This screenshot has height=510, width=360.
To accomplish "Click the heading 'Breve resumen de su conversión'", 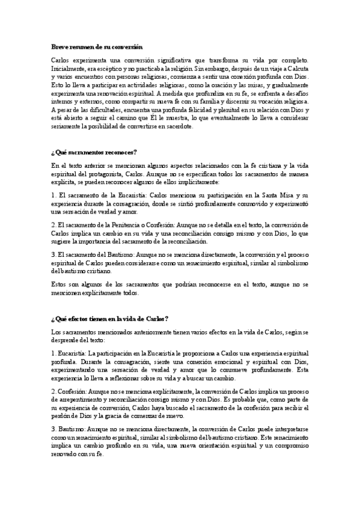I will pyautogui.click(x=96, y=46).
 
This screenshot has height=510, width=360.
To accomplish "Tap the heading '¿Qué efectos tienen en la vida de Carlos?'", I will pyautogui.click(x=109, y=318).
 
